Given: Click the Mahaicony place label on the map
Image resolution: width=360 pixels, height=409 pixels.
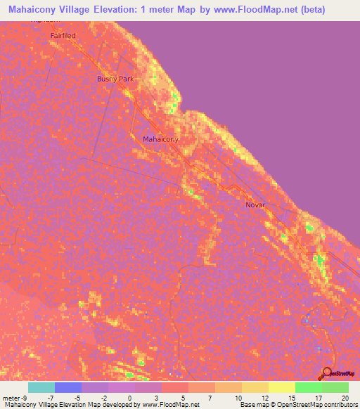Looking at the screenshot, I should click(x=160, y=139).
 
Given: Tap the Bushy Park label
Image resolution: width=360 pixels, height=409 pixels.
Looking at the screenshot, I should click(x=115, y=79).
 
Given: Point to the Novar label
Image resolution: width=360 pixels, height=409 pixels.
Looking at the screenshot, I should click(x=255, y=205).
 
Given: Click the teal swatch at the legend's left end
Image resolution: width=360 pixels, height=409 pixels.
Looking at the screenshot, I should click(x=41, y=387).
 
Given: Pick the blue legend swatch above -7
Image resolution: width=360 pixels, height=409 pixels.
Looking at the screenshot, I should click(x=67, y=387).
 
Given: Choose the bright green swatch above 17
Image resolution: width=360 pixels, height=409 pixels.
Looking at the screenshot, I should click(x=308, y=387).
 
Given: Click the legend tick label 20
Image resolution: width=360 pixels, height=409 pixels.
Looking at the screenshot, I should click(x=344, y=397).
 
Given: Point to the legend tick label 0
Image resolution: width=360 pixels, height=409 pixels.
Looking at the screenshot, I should click(x=130, y=397).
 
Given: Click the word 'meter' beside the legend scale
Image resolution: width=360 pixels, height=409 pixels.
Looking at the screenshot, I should click(x=10, y=397).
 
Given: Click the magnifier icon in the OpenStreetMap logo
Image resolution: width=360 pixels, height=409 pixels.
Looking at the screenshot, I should click(x=327, y=372).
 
